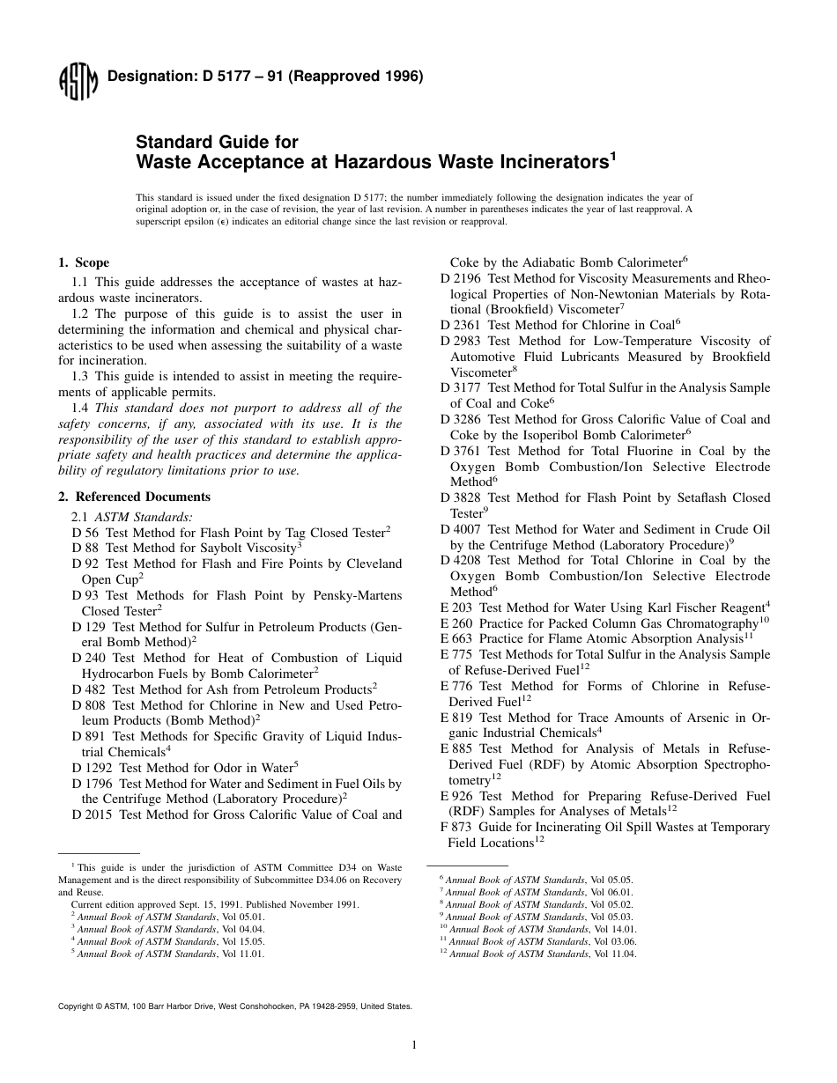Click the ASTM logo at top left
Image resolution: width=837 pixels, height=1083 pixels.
coord(77,84)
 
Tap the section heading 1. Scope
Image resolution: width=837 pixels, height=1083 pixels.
coord(84,263)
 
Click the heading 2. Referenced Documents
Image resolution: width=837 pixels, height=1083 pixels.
coord(134,497)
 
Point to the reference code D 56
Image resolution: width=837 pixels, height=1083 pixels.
coord(85,534)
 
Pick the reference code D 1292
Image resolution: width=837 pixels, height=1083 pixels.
coord(92,768)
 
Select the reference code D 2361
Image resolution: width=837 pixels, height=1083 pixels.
coord(460,325)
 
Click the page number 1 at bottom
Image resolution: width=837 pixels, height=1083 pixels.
coord(413,1045)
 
